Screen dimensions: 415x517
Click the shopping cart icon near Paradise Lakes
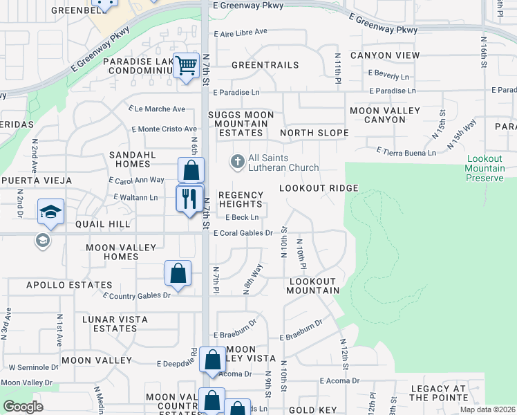point(186,66)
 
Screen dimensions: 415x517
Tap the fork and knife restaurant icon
point(190,199)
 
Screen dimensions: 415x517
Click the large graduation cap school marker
point(51,211)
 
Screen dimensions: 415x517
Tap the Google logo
point(23,407)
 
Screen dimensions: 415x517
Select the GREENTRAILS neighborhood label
point(265,65)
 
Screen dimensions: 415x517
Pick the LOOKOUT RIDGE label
point(319,188)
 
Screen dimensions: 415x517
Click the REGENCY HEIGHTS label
point(241,199)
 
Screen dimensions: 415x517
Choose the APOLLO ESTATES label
point(69,285)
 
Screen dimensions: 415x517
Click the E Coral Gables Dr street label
point(243,233)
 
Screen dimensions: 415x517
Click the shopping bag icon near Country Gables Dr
point(178,273)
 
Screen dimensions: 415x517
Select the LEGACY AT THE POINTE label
point(439,393)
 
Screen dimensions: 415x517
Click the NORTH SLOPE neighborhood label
point(313,133)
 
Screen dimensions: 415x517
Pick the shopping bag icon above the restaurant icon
point(191,169)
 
